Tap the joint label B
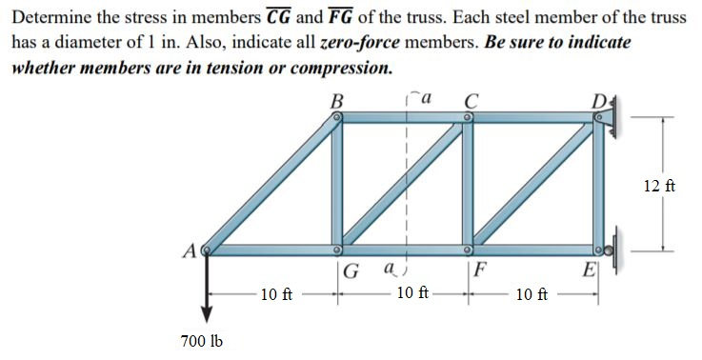[336, 98]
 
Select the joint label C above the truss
[470, 98]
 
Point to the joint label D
[596, 98]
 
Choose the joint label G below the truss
[351, 270]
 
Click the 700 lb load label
[201, 341]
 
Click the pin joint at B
[337, 118]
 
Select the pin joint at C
[469, 118]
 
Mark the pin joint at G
[337, 250]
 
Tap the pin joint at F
[469, 250]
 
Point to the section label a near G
[388, 270]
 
